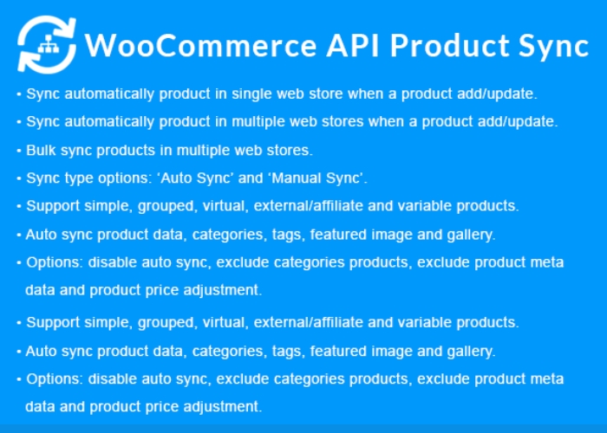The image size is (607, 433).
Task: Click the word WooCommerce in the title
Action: click(x=200, y=46)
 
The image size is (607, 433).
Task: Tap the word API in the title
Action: click(x=353, y=46)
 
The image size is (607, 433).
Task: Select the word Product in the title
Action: click(x=449, y=46)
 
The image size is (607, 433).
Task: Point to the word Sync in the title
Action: click(x=554, y=47)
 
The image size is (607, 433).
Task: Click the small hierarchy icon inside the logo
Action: click(x=48, y=45)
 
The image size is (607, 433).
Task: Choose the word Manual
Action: click(x=297, y=178)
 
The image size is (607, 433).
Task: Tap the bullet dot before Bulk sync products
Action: click(x=18, y=150)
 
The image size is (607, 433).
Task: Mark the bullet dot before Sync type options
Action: click(x=18, y=178)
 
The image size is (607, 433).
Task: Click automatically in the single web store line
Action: click(x=109, y=94)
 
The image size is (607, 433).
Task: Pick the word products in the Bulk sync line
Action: click(x=126, y=151)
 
